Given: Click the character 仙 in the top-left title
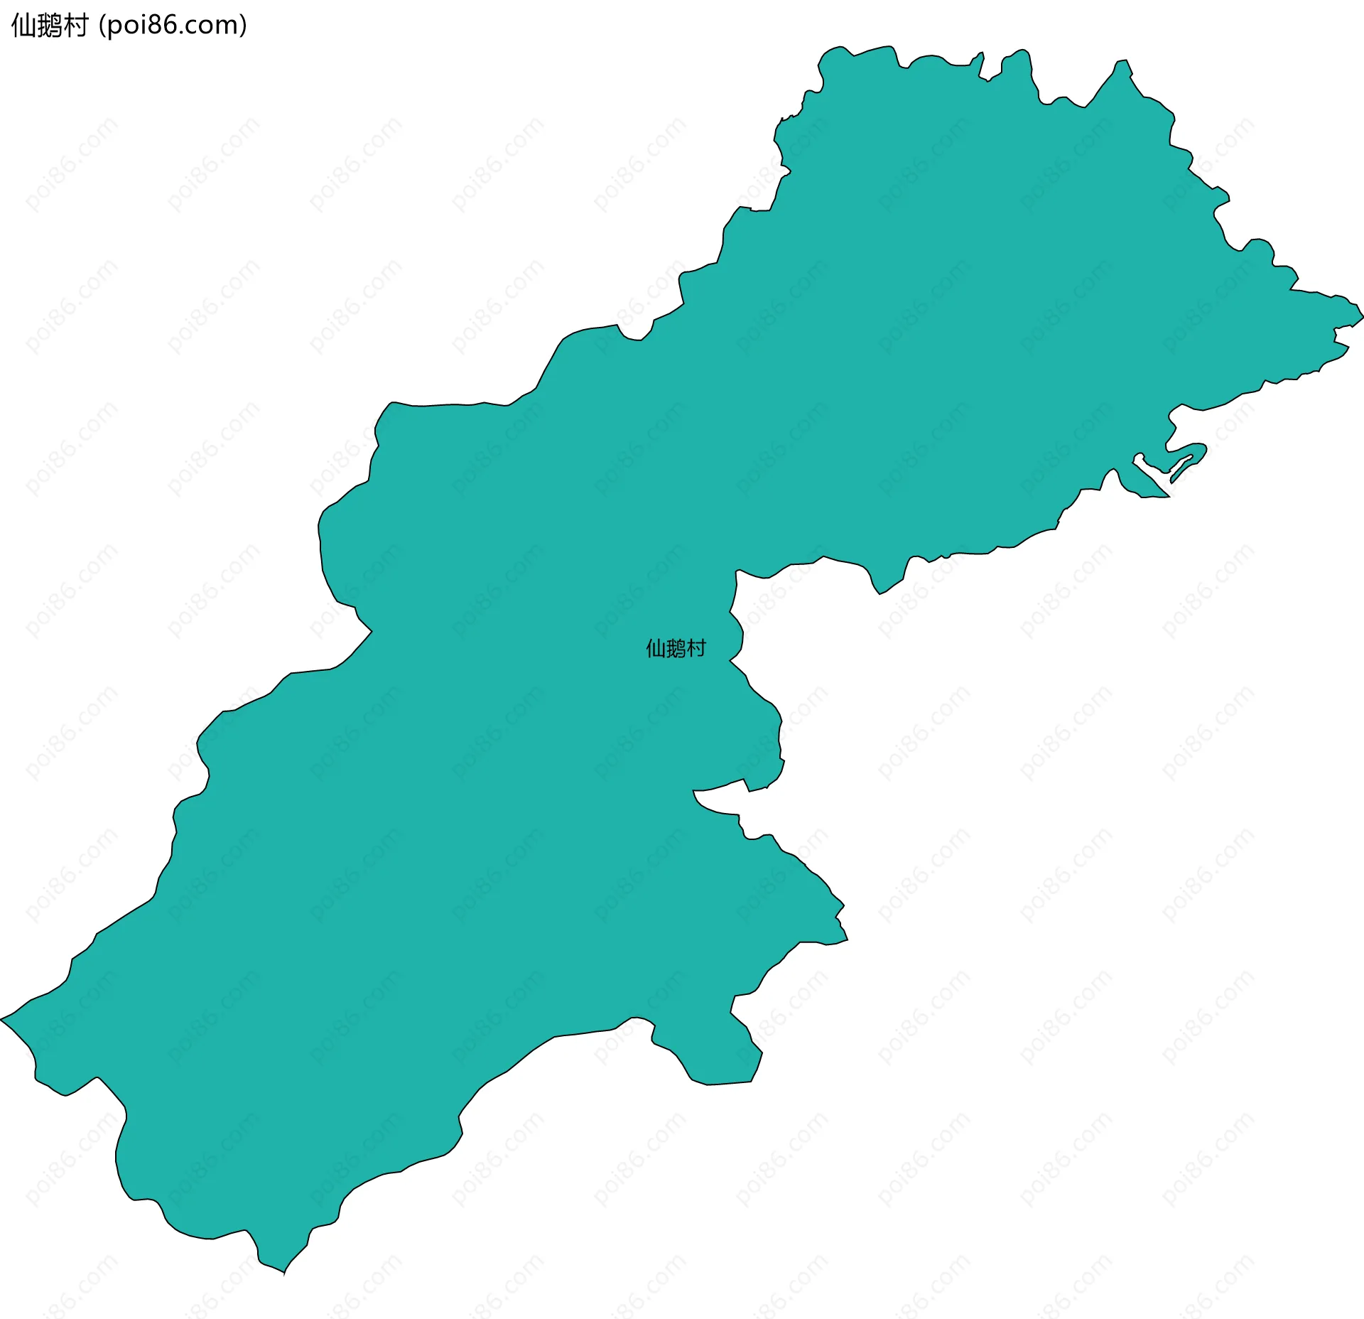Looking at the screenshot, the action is click(x=23, y=26).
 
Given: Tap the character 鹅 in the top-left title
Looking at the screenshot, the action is click(x=49, y=26).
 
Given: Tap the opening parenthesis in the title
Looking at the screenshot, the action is click(x=102, y=26).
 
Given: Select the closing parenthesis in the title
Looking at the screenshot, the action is click(x=244, y=26).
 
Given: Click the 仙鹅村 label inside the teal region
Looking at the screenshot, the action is click(x=676, y=648).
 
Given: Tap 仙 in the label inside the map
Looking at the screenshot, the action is click(x=655, y=648).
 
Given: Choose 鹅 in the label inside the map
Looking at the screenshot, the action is click(x=676, y=648).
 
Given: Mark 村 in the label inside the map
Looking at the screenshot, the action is click(x=696, y=648).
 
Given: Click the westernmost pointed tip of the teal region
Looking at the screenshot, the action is click(x=2, y=1020).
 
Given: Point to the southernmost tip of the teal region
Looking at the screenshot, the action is click(x=284, y=1274).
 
